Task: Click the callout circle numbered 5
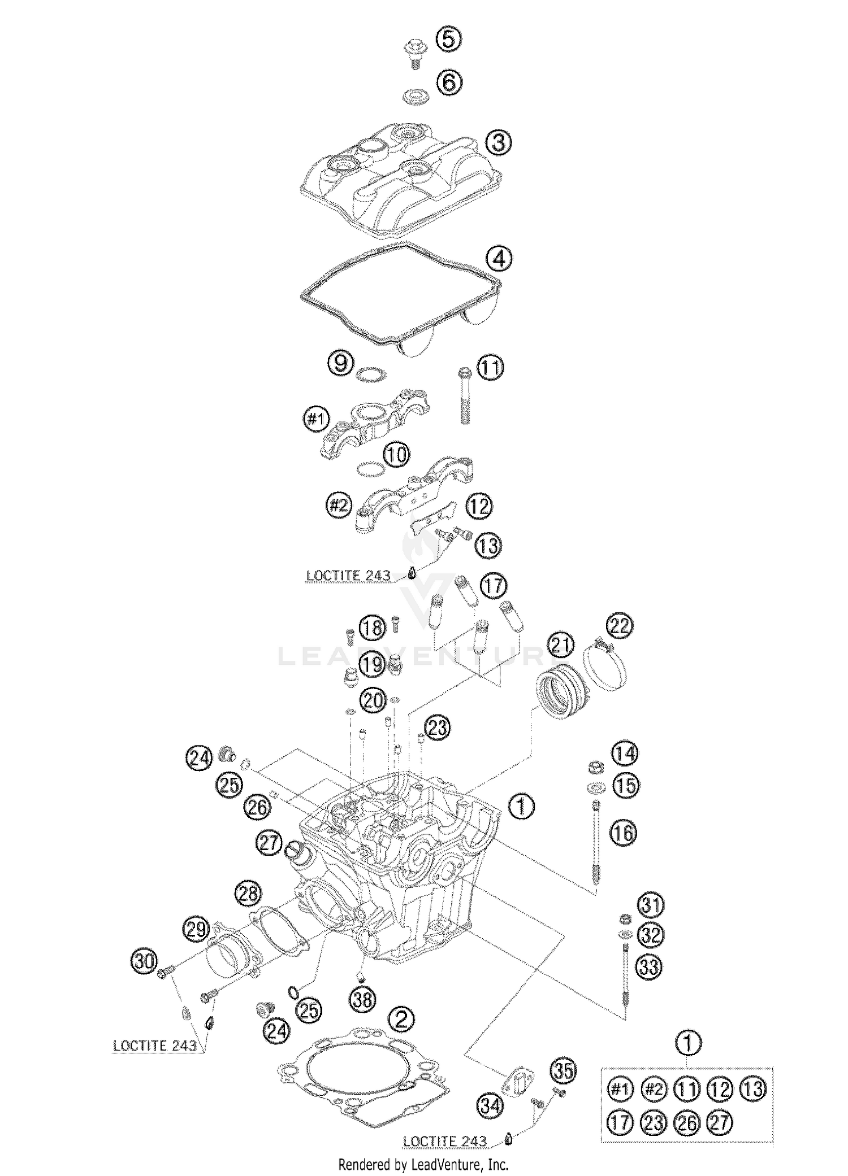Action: point(449,40)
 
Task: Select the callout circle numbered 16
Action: point(623,833)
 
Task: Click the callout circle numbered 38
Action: point(362,1000)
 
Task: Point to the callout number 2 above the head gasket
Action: point(401,1018)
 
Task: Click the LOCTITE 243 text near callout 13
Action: point(348,575)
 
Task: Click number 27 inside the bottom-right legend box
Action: point(720,1123)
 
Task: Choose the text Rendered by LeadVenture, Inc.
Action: point(423,1164)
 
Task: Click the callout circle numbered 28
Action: point(248,894)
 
